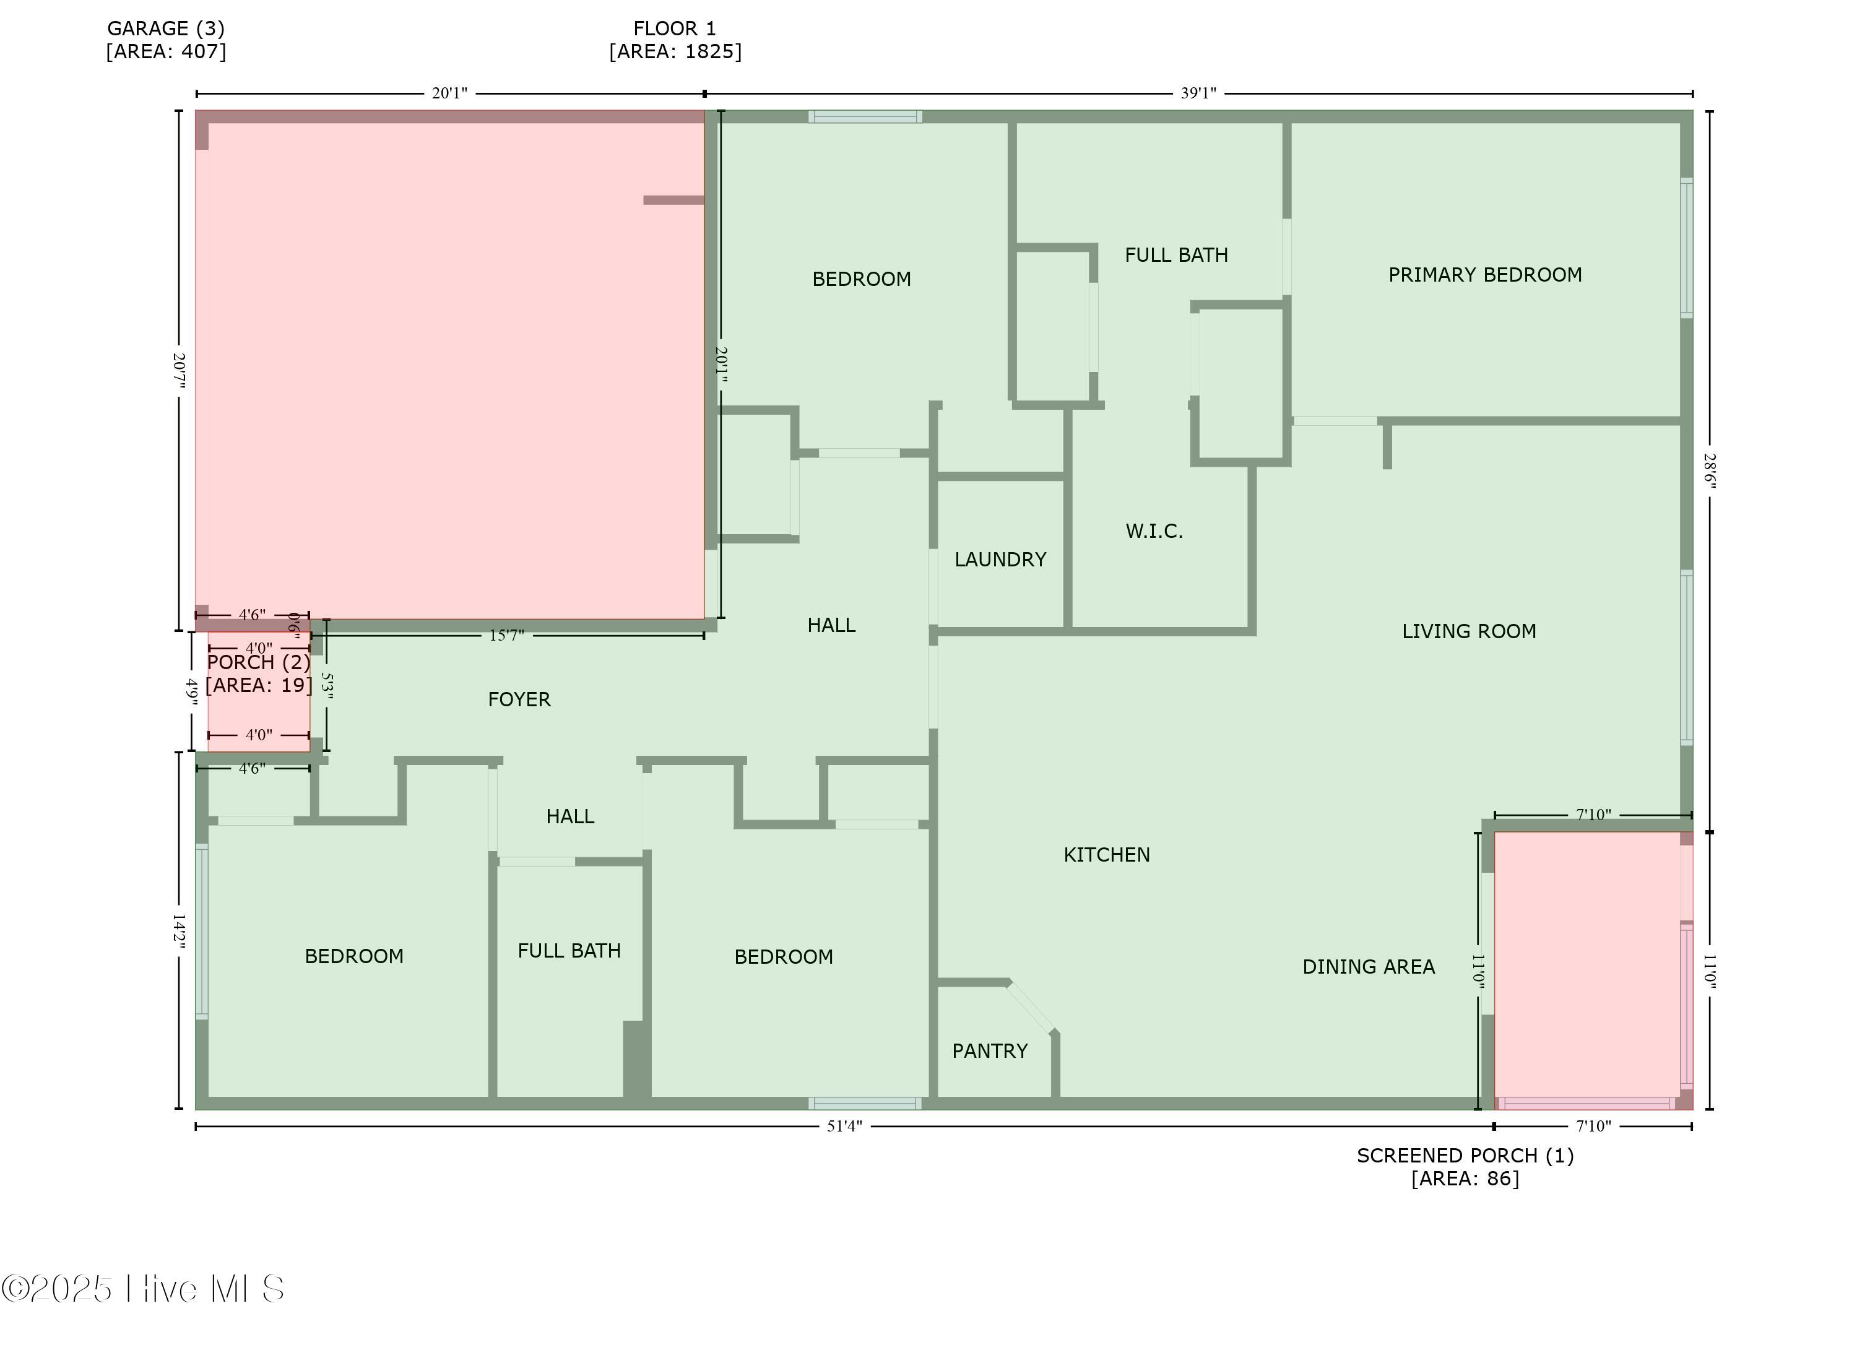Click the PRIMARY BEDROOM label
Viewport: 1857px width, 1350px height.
click(1484, 275)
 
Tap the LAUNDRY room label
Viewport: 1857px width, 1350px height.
click(1000, 560)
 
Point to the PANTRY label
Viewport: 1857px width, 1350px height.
click(989, 1051)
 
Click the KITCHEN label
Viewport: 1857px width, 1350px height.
click(1106, 855)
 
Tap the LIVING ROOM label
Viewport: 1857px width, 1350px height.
click(1469, 631)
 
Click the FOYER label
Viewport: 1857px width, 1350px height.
click(519, 699)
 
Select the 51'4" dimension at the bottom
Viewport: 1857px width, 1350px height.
click(844, 1127)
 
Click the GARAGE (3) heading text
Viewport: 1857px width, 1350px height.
click(167, 28)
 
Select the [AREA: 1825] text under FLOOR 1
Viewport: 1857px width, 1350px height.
click(675, 51)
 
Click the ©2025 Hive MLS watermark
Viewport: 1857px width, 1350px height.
click(143, 1289)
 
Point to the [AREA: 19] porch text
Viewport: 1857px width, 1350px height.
click(259, 685)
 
